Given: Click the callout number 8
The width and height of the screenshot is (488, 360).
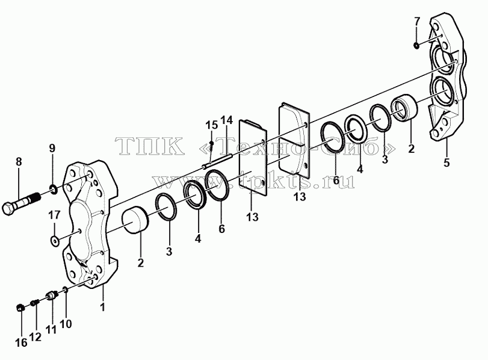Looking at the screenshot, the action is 19,161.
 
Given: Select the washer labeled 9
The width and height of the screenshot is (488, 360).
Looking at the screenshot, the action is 53,188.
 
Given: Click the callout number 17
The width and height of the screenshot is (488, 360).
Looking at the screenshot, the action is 54,215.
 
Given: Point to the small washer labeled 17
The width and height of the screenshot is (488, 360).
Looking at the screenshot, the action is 55,240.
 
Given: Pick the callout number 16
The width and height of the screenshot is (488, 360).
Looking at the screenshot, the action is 21,343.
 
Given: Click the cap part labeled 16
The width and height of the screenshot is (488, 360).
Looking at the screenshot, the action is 20,308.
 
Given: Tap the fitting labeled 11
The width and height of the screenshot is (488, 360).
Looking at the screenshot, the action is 52,295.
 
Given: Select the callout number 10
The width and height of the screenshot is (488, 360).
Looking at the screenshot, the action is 66,324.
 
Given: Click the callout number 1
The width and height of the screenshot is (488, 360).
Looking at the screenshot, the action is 102,308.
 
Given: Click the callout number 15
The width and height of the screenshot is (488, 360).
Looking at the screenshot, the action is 212,125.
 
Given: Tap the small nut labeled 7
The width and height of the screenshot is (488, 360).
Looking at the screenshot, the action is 416,46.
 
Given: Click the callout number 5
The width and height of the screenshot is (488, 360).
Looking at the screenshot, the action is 446,163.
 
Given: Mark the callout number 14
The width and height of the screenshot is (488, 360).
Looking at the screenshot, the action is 227,120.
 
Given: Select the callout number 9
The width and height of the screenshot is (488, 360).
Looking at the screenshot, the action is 52,149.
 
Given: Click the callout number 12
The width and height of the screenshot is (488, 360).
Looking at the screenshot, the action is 36,337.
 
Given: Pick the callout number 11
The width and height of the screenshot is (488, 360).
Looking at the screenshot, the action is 51,329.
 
